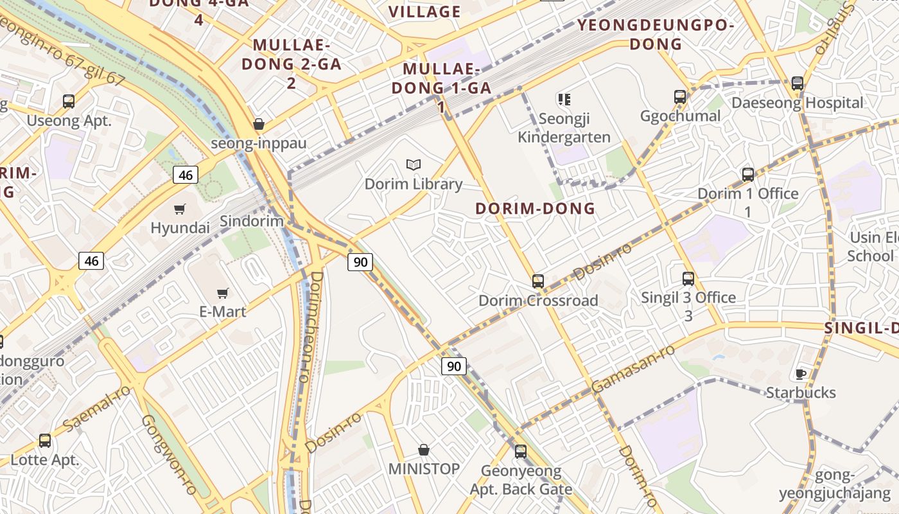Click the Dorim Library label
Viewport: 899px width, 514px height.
point(414,184)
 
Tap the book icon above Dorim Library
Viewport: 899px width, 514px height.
point(414,165)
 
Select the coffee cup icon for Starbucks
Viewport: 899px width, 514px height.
point(801,374)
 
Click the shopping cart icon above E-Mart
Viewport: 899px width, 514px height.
point(223,294)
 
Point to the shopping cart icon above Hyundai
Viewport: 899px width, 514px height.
point(180,209)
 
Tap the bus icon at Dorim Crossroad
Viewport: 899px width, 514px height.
point(538,281)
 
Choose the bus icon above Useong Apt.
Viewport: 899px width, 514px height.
point(69,102)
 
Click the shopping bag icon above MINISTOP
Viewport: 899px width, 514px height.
point(424,450)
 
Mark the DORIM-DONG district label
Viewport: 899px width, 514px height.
point(535,209)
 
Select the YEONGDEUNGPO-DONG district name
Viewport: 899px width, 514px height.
point(656,35)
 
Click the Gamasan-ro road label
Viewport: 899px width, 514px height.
point(633,369)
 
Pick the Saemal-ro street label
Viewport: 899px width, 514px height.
point(96,409)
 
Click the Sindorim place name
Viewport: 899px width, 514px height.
point(252,222)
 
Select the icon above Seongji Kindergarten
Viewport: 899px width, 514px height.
point(564,100)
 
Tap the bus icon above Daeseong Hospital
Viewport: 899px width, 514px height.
point(798,84)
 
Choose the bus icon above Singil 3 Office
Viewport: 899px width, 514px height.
point(688,279)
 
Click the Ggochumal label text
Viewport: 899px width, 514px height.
point(681,116)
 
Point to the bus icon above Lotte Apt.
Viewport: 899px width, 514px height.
point(45,441)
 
